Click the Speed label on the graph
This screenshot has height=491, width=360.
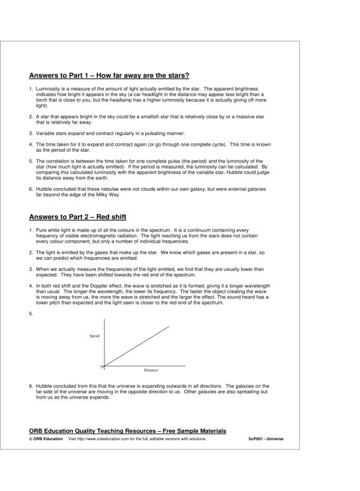(94, 336)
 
